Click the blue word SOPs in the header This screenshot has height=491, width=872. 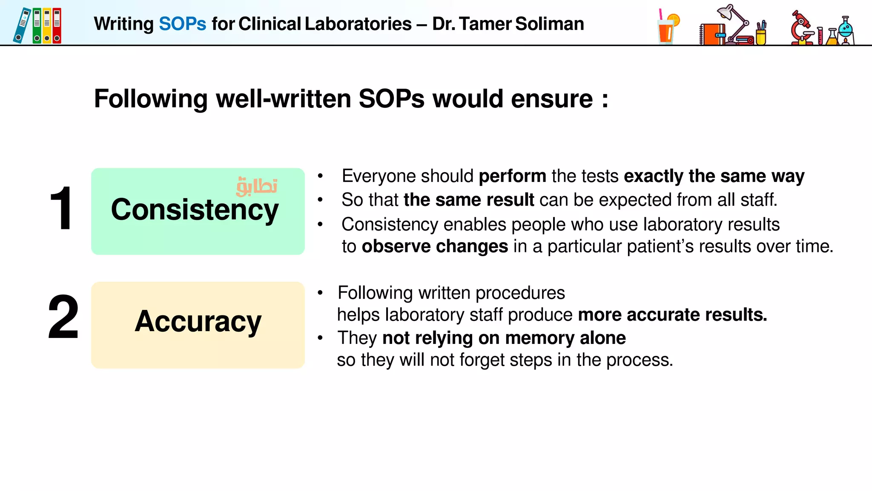click(182, 24)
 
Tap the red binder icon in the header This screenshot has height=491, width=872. click(57, 26)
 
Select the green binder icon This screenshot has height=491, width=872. click(37, 26)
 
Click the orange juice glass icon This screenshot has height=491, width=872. click(667, 28)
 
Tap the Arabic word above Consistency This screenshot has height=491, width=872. click(257, 187)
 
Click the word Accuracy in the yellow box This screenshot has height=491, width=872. click(198, 321)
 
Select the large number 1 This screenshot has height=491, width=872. click(61, 208)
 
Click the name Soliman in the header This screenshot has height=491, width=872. click(549, 24)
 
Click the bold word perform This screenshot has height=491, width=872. click(512, 176)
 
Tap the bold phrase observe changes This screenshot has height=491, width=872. click(435, 246)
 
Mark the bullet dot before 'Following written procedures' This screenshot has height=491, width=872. click(320, 293)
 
